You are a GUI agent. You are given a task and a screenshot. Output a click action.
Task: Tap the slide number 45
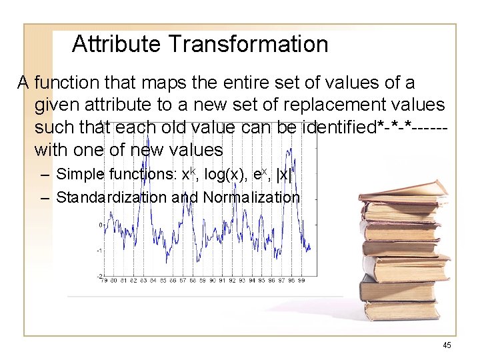447,345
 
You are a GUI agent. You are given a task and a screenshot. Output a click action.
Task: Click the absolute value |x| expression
285,175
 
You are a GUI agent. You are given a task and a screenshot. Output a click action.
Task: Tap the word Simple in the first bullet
79,175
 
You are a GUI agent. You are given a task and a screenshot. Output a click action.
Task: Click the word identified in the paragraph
338,127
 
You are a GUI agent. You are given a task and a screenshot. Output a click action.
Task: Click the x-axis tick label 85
162,281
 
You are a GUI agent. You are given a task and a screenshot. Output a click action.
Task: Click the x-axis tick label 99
301,281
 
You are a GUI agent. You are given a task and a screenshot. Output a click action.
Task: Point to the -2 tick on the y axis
99,275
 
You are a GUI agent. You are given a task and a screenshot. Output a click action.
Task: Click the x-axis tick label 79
103,281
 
